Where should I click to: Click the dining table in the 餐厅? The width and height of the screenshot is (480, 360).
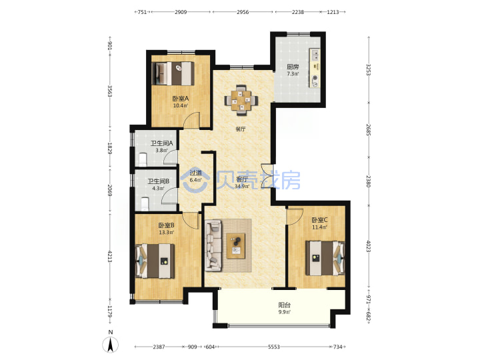241,100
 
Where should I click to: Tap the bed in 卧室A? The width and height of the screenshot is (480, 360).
173,73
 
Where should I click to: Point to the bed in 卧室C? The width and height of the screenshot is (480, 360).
325,258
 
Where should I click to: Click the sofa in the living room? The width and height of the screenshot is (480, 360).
213,245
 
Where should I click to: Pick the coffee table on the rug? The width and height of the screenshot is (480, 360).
236,246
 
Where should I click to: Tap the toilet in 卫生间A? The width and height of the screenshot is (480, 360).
143,159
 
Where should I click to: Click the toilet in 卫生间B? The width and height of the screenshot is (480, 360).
145,204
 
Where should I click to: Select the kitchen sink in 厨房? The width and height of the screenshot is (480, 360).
315,55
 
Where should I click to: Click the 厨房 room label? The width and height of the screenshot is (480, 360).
293,67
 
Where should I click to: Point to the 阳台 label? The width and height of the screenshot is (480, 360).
285,305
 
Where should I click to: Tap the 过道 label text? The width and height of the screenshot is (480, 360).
195,173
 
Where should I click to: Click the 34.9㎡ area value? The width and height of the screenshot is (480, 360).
242,186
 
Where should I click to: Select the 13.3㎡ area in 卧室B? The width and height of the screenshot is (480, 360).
166,233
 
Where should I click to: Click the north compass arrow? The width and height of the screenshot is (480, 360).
111,345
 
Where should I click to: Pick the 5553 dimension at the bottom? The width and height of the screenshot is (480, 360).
274,347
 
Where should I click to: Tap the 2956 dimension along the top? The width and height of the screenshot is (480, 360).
243,12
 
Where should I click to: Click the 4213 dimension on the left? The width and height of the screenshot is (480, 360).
110,256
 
